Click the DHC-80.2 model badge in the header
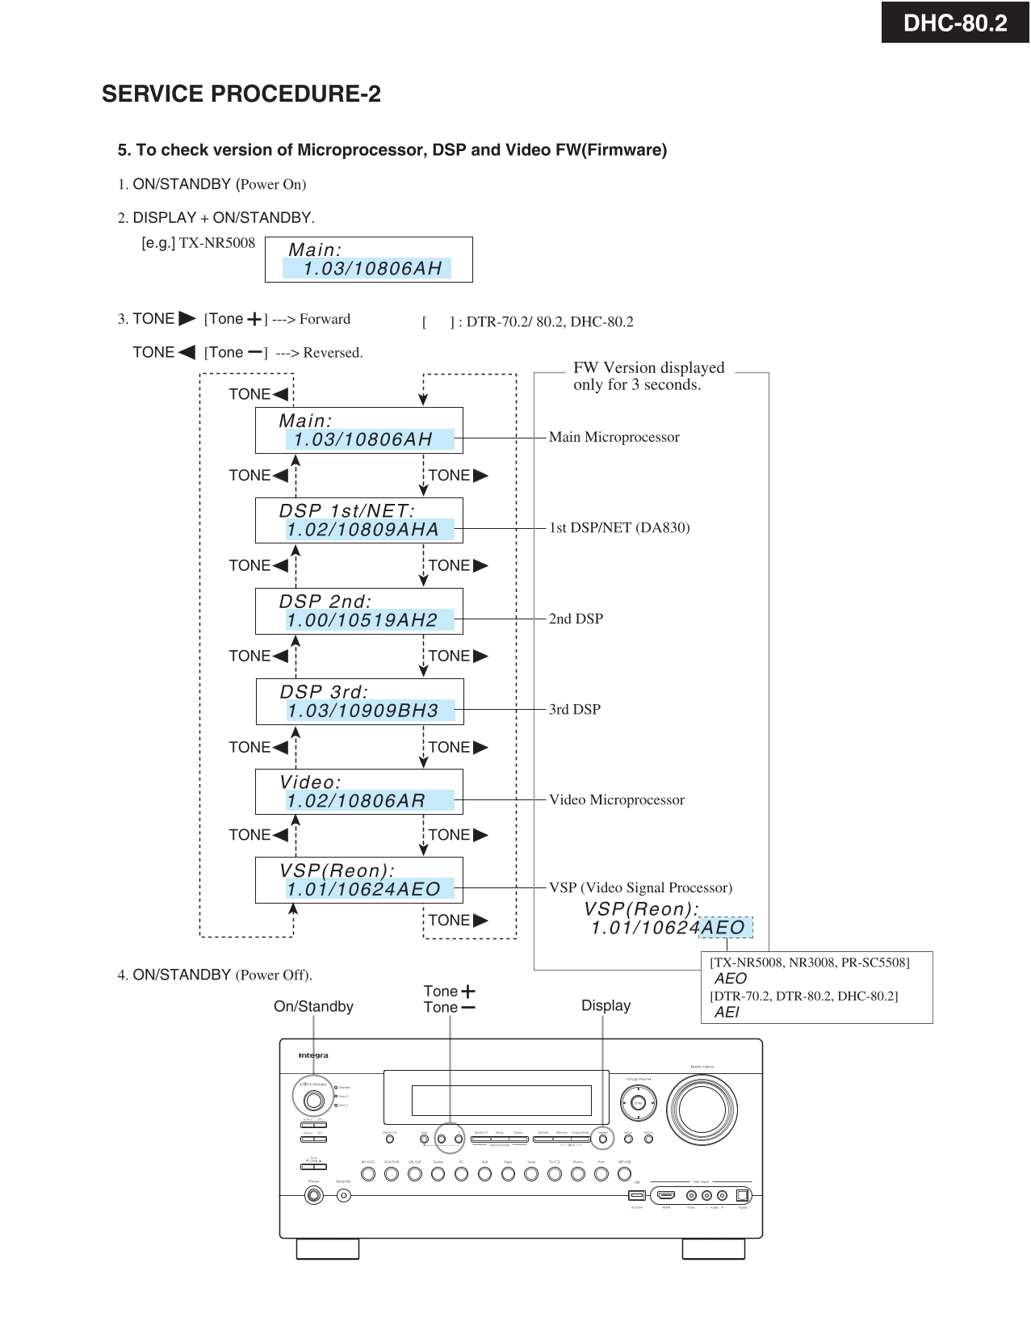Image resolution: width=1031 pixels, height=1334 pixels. coord(955,23)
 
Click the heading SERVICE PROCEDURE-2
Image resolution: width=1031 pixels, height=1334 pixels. coord(241,94)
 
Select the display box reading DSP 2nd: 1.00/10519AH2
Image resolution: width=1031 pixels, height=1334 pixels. coord(359,611)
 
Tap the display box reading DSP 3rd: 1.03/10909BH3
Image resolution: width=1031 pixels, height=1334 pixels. coord(360,702)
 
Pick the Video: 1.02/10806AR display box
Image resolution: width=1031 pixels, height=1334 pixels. coord(359,792)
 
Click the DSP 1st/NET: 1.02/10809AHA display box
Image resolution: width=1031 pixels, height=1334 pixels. coord(359,521)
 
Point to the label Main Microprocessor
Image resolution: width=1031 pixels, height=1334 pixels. coord(614,437)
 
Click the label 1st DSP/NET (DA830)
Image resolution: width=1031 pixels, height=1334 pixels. coord(619,527)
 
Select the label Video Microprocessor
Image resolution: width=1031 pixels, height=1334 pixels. coord(616,799)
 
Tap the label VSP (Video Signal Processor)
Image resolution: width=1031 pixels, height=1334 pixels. coord(640,887)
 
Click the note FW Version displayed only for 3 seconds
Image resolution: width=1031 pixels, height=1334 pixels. coord(648,376)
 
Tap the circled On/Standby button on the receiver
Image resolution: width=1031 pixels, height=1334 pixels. coord(313,1100)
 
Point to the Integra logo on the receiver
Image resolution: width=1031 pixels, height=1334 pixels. coord(313,1055)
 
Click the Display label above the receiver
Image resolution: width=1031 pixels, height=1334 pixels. coord(606,1005)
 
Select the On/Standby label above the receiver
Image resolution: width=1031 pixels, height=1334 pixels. coord(313,1006)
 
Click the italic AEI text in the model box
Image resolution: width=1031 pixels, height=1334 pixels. coord(727,1012)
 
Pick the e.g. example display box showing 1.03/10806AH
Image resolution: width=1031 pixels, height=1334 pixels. coord(369,260)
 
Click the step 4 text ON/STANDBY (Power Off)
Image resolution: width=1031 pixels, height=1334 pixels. coord(215,975)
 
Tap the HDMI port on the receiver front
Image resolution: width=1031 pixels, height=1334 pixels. coord(666,1195)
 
